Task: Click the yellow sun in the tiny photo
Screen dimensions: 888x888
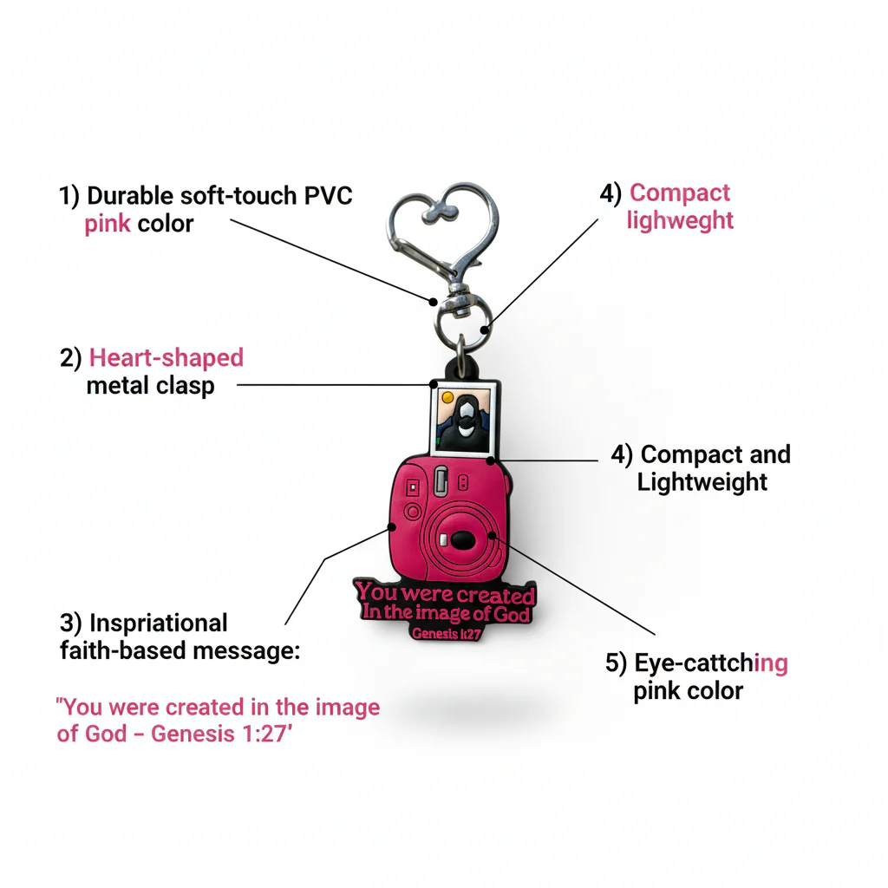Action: click(447, 398)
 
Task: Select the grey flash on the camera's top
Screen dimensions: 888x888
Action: click(441, 480)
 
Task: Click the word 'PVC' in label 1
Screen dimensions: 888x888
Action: click(327, 195)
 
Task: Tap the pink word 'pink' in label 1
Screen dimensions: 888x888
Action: click(108, 224)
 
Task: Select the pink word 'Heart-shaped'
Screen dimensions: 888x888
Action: click(166, 357)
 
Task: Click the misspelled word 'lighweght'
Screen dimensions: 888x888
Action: click(680, 220)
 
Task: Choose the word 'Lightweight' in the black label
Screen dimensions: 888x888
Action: click(702, 482)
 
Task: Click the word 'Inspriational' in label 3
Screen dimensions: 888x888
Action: click(159, 623)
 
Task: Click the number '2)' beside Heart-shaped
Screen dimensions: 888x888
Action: click(71, 357)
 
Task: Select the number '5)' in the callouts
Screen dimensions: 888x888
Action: click(616, 664)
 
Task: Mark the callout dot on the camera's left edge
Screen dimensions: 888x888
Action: click(390, 526)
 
